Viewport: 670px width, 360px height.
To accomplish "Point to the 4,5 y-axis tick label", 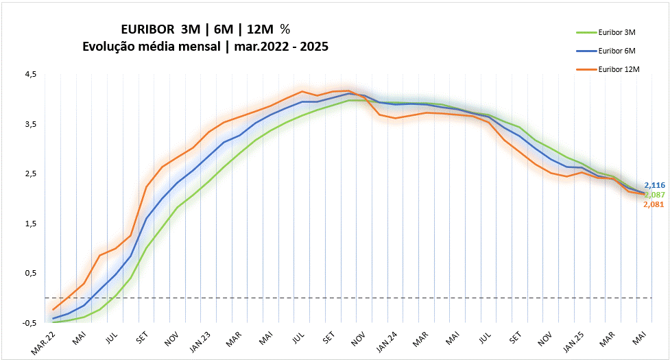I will click(x=31, y=74).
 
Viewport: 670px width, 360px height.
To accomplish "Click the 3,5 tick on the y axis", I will click(x=31, y=124).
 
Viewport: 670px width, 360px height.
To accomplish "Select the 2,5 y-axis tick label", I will click(x=31, y=173).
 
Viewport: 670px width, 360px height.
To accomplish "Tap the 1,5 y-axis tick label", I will click(x=31, y=224).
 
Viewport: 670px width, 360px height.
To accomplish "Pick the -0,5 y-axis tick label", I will click(x=29, y=323).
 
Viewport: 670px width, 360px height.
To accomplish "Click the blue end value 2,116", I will click(x=654, y=186).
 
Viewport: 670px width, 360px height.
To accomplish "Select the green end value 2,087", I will click(x=654, y=195).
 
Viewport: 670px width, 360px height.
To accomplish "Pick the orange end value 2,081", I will click(x=654, y=204).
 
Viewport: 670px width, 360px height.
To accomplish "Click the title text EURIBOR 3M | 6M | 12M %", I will click(x=205, y=30).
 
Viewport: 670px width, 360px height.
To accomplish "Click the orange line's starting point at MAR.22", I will click(x=53, y=310).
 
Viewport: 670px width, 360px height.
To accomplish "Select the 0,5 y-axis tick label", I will click(x=31, y=273).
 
